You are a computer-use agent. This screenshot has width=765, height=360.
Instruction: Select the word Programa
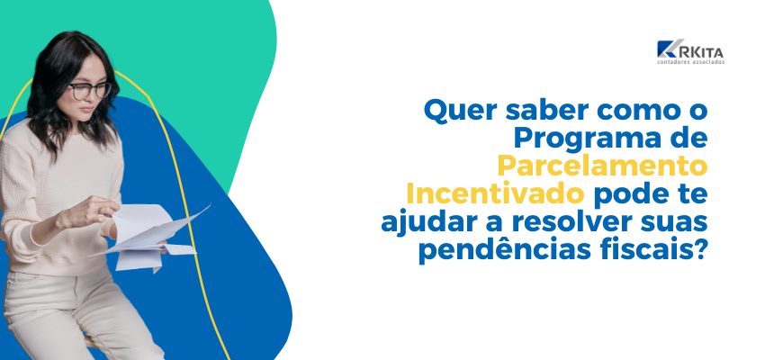tap(584, 139)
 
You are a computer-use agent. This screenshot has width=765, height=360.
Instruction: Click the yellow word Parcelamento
tap(602, 167)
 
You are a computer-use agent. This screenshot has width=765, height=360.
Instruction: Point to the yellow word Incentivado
tap(495, 195)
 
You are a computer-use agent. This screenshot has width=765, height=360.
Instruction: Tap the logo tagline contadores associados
tap(690, 62)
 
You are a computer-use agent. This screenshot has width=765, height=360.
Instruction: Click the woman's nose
tap(88, 100)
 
